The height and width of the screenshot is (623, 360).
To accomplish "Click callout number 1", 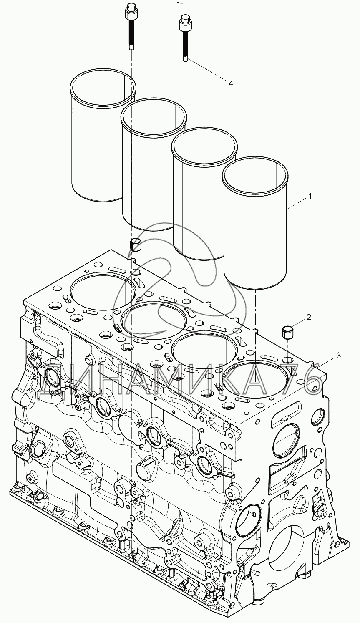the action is [x=310, y=197].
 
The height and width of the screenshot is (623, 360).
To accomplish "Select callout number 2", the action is [x=309, y=317].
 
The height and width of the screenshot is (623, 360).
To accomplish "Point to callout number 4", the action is [x=230, y=83].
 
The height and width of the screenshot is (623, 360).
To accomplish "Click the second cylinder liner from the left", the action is [x=154, y=164].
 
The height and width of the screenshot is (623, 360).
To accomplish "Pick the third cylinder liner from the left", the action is [x=204, y=193].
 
